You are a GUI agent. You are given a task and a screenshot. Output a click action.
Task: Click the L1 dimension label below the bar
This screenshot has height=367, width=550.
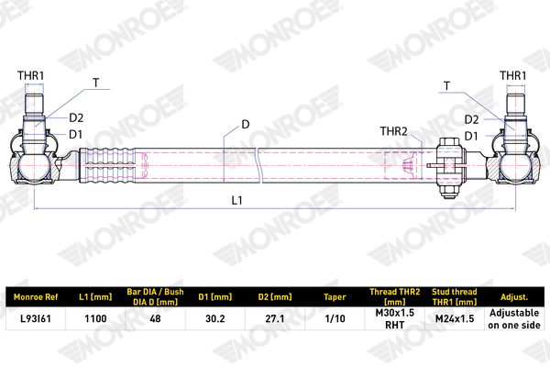tap(237, 200)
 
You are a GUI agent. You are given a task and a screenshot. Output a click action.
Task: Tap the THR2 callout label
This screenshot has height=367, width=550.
tap(393, 131)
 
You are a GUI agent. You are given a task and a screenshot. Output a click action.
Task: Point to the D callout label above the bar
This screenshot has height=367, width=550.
tap(246, 125)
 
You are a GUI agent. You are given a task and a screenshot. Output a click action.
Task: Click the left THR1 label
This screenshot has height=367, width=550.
tap(31, 75)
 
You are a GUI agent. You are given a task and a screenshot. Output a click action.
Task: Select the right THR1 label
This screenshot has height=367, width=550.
tap(512, 75)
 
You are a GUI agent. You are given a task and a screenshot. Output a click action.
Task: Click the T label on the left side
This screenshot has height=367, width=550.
tap(95, 83)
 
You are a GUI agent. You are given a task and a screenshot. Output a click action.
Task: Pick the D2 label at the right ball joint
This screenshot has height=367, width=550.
tap(471, 120)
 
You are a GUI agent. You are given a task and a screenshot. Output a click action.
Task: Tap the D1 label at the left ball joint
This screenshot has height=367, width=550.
tap(75, 134)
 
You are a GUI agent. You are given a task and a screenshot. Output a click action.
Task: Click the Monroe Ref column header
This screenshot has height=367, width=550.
tap(36, 297)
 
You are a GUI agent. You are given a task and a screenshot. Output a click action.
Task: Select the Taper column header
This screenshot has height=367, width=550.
tap(335, 297)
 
